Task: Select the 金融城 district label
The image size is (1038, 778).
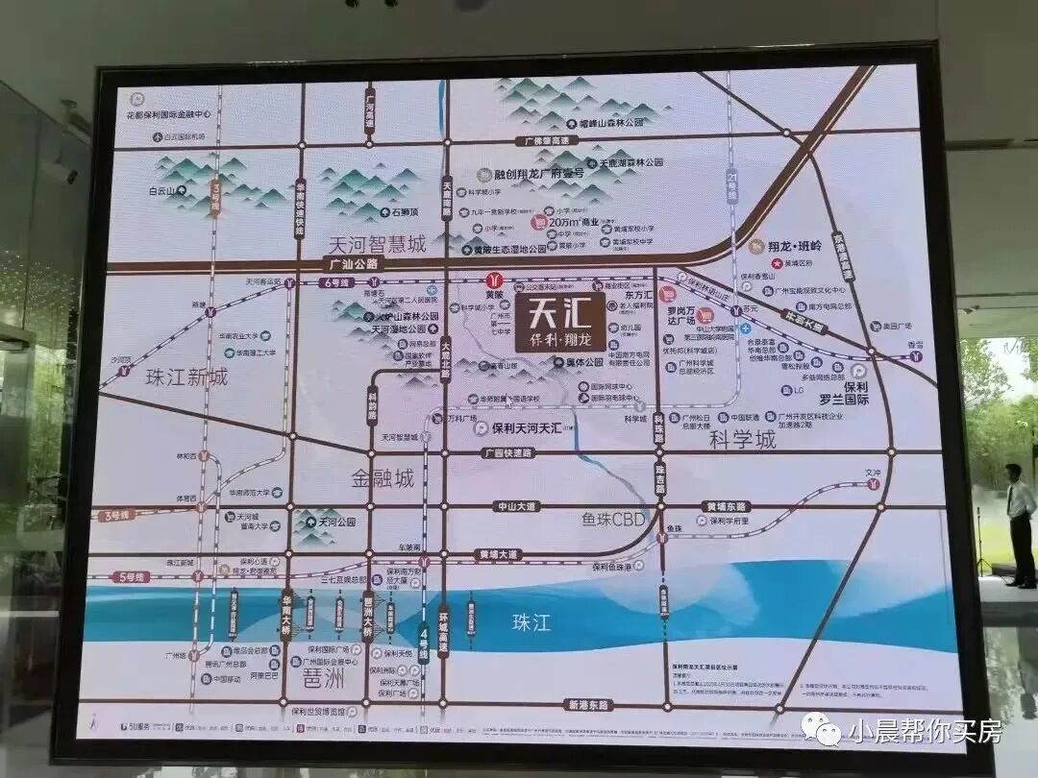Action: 383,477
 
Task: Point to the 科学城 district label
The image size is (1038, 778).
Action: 742,440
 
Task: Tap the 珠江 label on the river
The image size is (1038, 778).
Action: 531,622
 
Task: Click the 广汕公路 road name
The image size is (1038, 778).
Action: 355,263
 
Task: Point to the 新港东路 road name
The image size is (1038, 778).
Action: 587,704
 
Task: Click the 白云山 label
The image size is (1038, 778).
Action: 163,191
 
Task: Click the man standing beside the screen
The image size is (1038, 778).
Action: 1020,523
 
